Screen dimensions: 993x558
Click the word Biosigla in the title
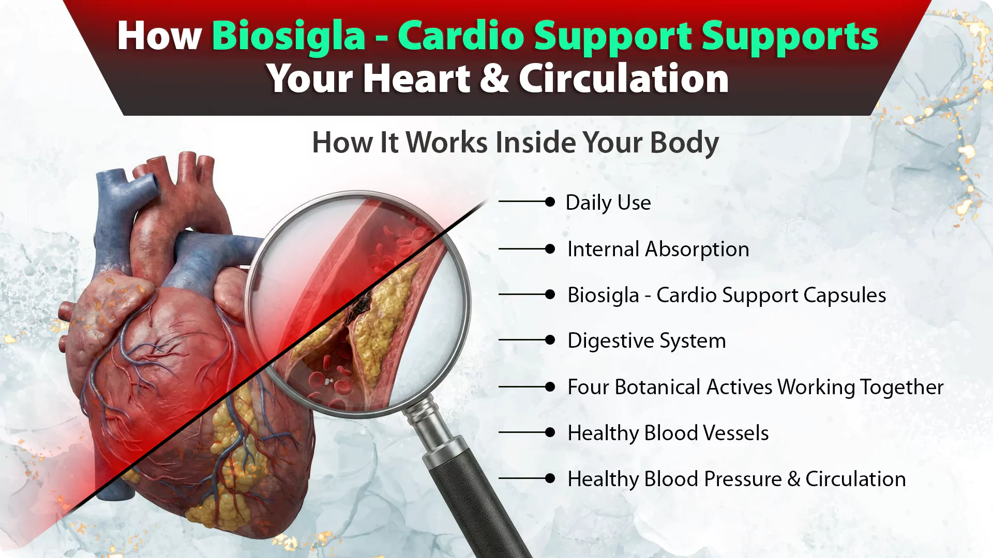289,37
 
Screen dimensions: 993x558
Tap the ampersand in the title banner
494,79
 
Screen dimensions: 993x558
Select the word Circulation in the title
624,79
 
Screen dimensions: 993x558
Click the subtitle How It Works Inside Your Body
516,143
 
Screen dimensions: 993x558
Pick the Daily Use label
608,203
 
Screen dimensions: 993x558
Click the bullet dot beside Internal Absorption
550,249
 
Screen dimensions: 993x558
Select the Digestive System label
646,341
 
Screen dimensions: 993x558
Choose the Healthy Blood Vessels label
668,433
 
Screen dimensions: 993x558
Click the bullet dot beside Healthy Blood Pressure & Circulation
550,478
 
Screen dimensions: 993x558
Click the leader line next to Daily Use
522,202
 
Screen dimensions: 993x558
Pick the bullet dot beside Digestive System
550,340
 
